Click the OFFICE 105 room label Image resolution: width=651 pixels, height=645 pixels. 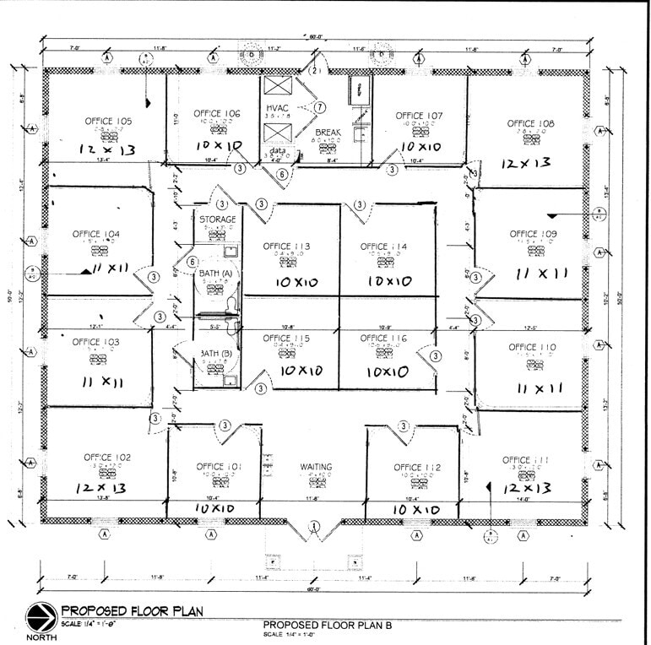coord(108,122)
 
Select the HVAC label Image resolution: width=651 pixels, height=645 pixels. coord(278,108)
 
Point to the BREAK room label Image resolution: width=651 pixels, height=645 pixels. coord(328,133)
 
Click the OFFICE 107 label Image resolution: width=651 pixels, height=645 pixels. coord(420,116)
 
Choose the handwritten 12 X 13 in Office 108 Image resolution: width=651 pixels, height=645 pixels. coord(525,162)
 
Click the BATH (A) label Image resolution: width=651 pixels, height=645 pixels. coord(215,274)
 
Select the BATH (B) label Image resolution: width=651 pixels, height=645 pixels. coord(215,353)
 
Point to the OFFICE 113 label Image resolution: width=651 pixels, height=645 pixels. coord(287,247)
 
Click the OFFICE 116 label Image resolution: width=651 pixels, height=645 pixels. coord(384,339)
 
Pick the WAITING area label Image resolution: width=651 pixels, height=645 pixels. coord(316,467)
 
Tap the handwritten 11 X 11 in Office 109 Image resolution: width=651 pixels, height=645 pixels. coord(541,274)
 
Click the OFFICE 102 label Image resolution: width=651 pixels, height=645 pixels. coord(107,458)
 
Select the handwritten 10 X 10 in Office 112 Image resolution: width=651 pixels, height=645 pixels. coord(415,510)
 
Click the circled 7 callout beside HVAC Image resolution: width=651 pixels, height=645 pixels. coord(320,107)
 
